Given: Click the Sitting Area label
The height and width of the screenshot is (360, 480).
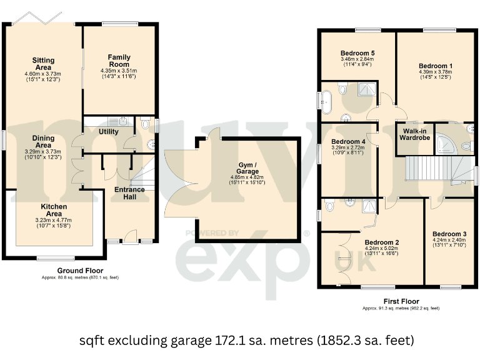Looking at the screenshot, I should click(x=43, y=64).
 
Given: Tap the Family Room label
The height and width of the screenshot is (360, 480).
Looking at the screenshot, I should click(x=118, y=61).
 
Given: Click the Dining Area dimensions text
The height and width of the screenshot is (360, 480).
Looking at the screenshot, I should click(x=43, y=154).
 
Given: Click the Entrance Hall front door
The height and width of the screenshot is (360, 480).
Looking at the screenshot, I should click(x=131, y=236).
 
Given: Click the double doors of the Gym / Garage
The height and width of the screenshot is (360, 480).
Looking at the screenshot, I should click(x=178, y=184).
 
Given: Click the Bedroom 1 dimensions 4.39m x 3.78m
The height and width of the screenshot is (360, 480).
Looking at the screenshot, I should click(x=436, y=72).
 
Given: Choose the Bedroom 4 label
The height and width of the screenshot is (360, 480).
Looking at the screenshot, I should click(x=348, y=141).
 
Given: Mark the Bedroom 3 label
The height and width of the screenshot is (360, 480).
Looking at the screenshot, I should click(x=449, y=234).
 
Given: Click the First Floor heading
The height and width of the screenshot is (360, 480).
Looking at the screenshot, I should click(x=401, y=301).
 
